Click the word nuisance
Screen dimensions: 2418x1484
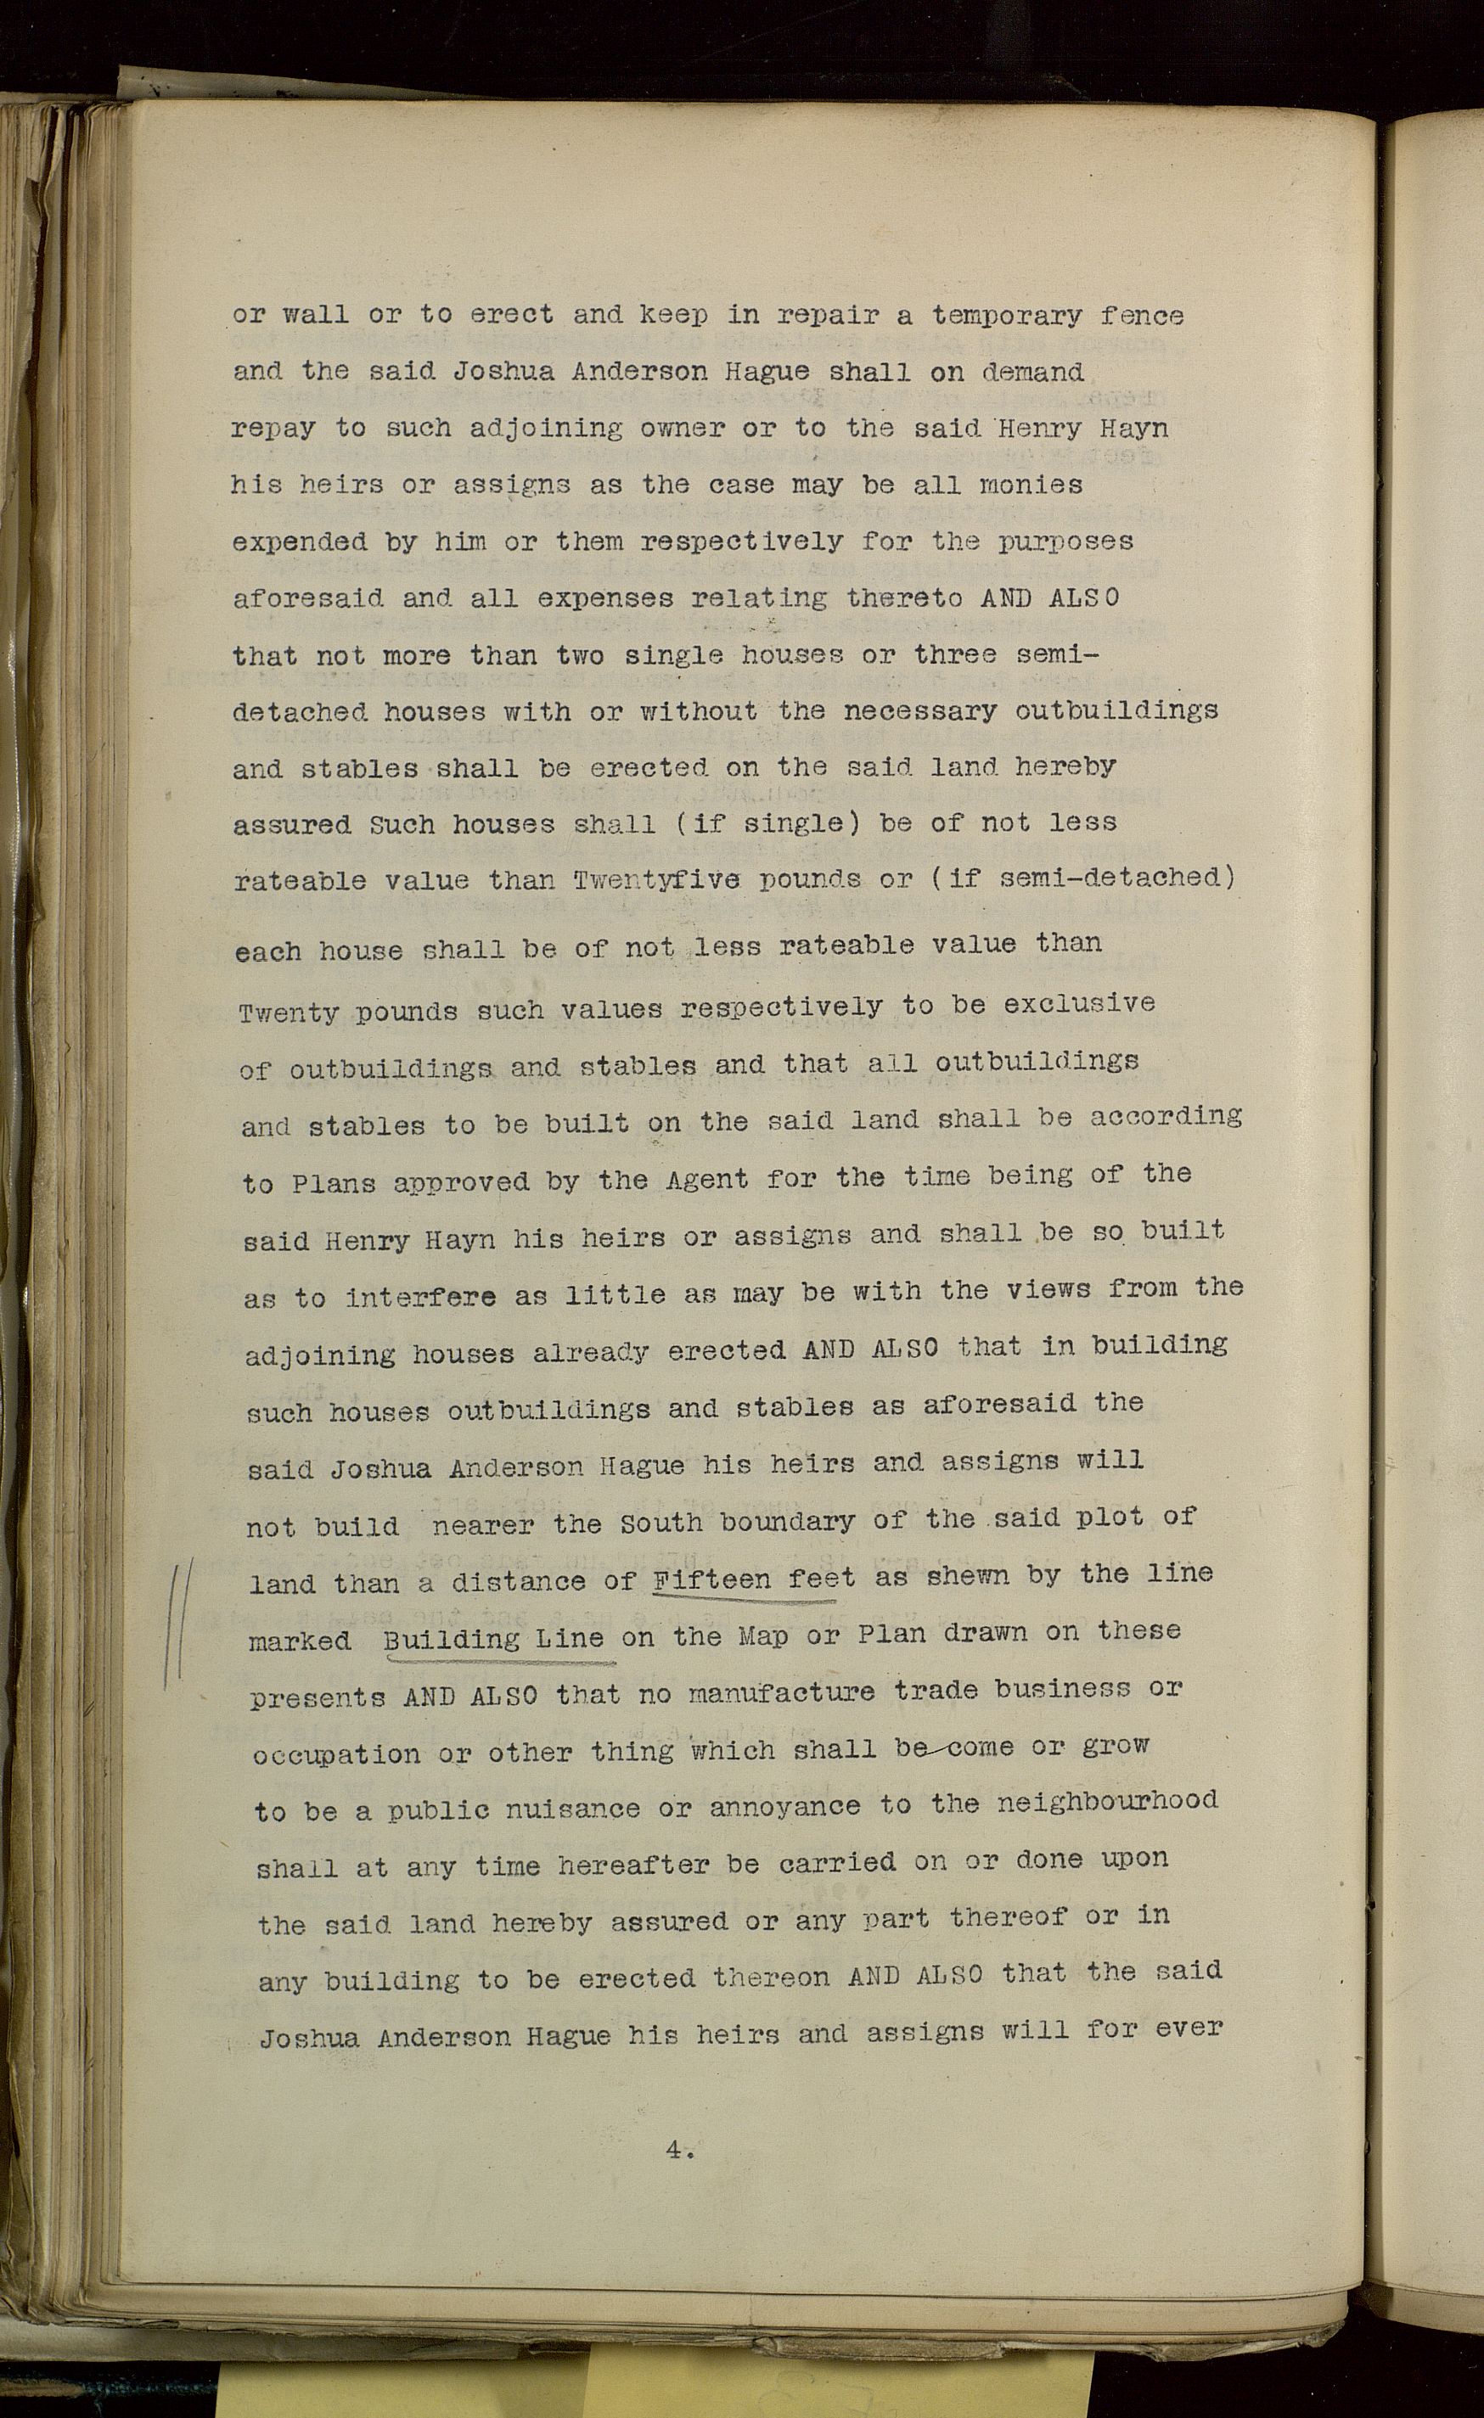pyautogui.click(x=558, y=1809)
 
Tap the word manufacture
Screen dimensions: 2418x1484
pyautogui.click(x=780, y=1691)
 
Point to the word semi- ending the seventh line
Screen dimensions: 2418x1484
pyautogui.click(x=1048, y=653)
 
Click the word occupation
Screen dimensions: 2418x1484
pyautogui.click(x=335, y=1753)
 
